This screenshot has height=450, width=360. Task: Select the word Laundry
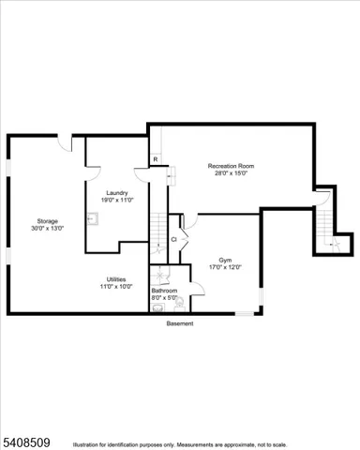pos(118,192)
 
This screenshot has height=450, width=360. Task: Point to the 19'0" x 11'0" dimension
pos(118,200)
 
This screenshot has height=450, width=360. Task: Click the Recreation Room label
pos(231,166)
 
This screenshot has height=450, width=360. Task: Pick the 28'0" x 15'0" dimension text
pos(231,173)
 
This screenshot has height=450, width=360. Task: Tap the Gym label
pos(225,260)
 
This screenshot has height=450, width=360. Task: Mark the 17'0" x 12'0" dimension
pos(225,267)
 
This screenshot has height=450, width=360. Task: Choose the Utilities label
pos(117,279)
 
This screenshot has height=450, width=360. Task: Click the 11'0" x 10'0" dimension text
pos(117,287)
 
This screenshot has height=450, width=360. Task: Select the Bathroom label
pos(165,291)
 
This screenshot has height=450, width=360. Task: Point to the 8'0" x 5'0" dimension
pos(165,297)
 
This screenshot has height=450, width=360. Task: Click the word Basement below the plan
pos(180,323)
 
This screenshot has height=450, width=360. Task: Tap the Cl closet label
pos(173,240)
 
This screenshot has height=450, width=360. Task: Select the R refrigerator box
pos(155,159)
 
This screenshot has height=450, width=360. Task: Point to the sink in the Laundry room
pos(92,219)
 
